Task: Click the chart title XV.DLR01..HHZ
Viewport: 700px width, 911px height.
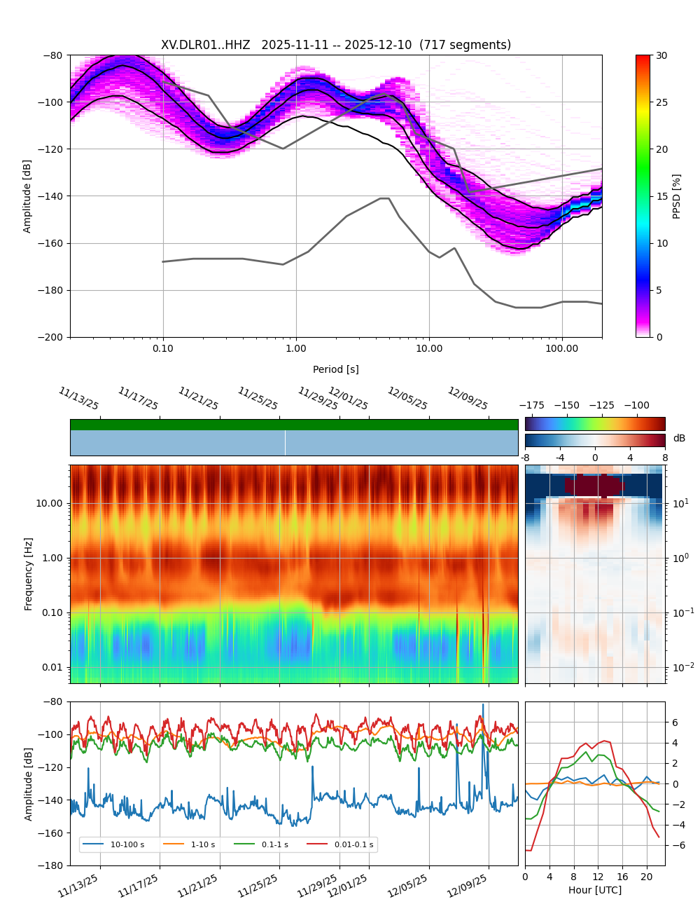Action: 205,45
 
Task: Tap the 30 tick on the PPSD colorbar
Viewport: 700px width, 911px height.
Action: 661,55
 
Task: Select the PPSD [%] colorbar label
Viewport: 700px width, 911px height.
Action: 677,196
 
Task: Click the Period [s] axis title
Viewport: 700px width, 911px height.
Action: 335,369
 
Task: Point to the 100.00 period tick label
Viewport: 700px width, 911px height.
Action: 562,348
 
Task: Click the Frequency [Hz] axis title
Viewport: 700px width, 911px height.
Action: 29,574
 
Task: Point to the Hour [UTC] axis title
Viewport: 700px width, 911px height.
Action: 594,890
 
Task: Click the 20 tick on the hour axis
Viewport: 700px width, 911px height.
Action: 646,877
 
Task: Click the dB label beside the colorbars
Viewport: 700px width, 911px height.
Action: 679,439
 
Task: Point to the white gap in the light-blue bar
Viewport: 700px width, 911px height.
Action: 285,443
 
